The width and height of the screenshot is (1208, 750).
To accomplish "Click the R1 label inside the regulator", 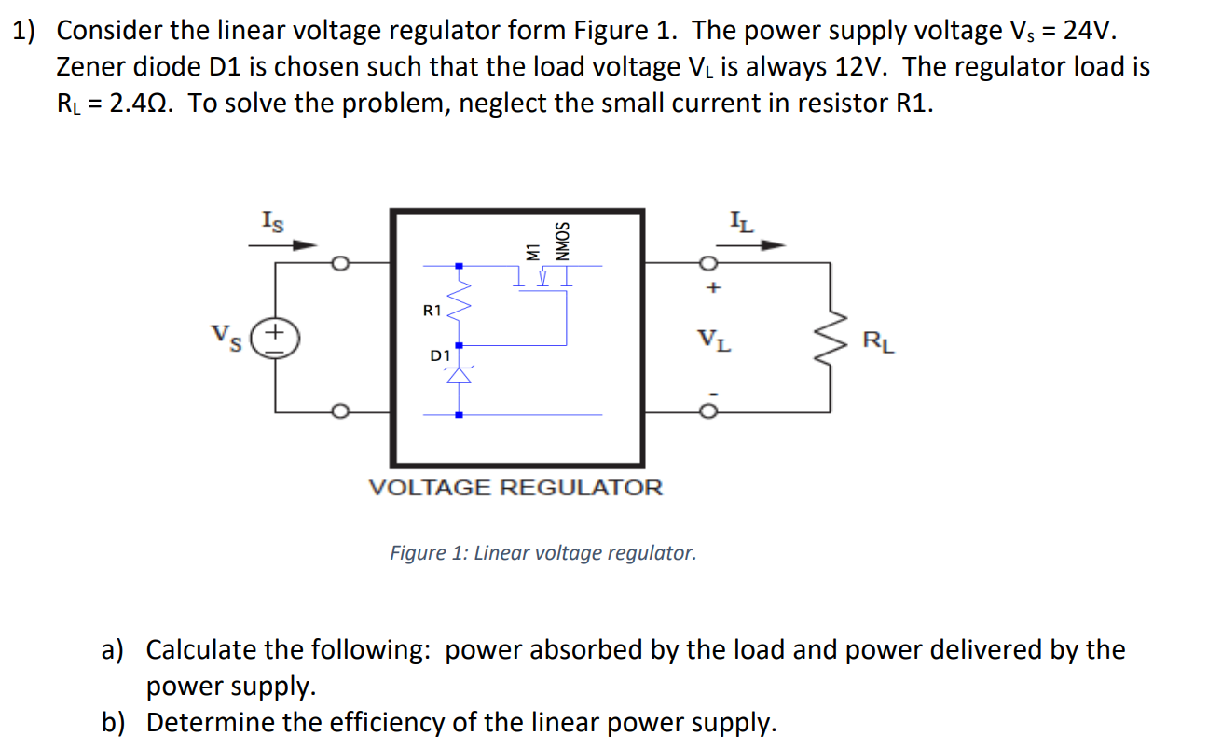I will click(x=431, y=311).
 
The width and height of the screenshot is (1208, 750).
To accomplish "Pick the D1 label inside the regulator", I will click(x=439, y=355).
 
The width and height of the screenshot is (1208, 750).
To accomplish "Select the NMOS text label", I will click(x=561, y=241).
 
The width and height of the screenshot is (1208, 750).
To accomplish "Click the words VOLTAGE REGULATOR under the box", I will click(x=516, y=488).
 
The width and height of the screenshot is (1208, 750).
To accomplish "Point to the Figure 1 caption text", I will click(x=542, y=553).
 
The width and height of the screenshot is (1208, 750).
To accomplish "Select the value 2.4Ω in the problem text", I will click(x=140, y=104).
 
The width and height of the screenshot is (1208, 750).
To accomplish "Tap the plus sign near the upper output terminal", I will click(x=713, y=289).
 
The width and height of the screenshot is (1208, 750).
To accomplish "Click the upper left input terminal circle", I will click(x=342, y=264).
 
